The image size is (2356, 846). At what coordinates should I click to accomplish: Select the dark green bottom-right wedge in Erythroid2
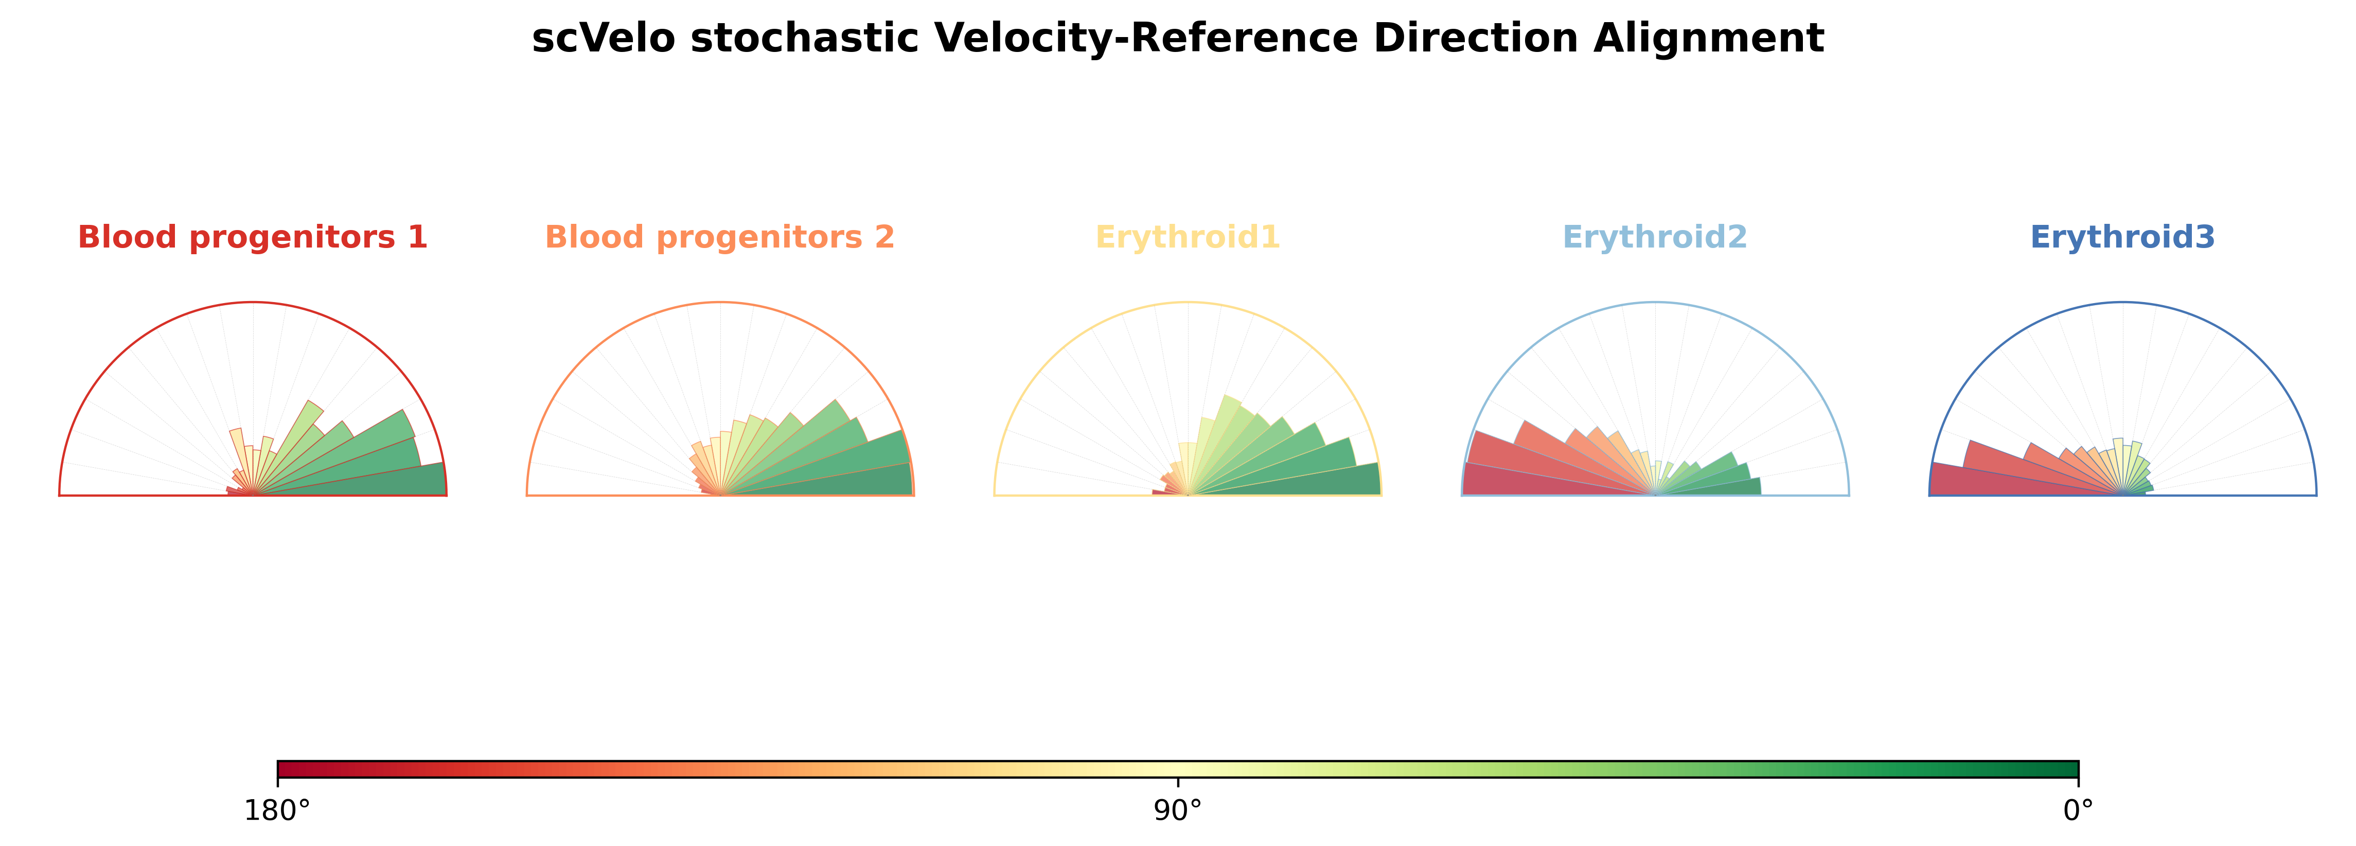coord(1720,488)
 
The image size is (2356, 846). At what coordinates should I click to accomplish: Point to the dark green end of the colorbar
coord(2069,768)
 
